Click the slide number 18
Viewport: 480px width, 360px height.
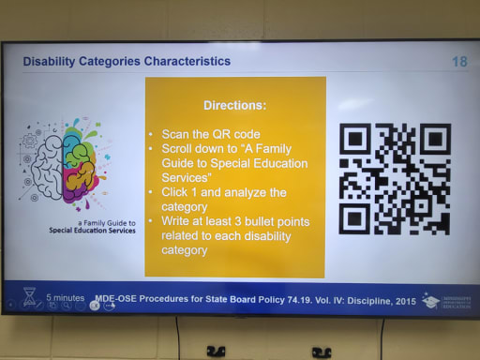458,62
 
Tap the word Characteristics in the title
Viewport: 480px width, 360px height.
184,62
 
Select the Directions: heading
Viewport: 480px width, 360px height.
234,106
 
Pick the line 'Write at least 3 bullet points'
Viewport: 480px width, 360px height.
235,221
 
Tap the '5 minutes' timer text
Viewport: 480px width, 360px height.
65,296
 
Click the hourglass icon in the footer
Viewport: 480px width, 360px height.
28,298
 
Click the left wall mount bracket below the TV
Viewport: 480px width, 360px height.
216,352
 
